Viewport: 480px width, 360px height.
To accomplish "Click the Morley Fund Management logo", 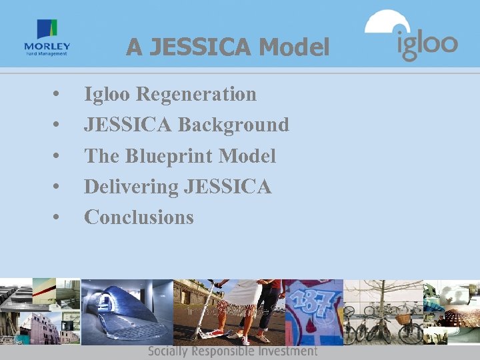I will pyautogui.click(x=47, y=38).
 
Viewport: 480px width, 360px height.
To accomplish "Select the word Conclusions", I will pyautogui.click(x=139, y=217).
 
